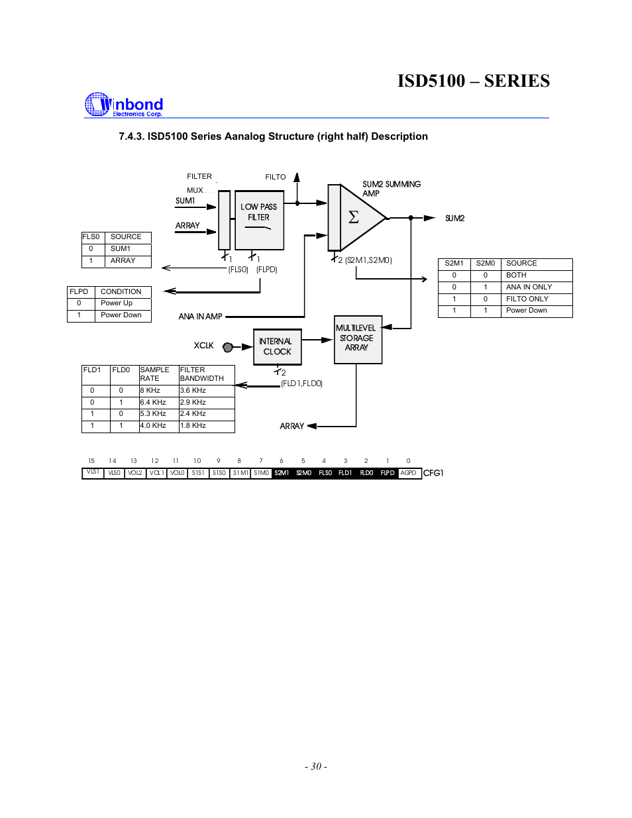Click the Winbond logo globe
pyautogui.click(x=97, y=105)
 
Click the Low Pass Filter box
pyautogui.click(x=259, y=220)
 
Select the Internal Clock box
pyautogui.click(x=277, y=346)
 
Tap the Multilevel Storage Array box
pyautogui.click(x=358, y=339)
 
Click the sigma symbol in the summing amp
pyautogui.click(x=354, y=217)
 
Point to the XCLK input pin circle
pyautogui.click(x=228, y=346)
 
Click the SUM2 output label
pyautogui.click(x=454, y=218)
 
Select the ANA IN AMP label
pyautogui.click(x=200, y=317)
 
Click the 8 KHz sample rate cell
pyautogui.click(x=150, y=391)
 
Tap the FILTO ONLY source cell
pyautogui.click(x=527, y=299)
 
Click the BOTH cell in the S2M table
pyautogui.click(x=516, y=275)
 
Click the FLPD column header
pyautogui.click(x=79, y=291)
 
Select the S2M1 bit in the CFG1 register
pyautogui.click(x=282, y=473)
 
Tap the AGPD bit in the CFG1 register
pyautogui.click(x=409, y=473)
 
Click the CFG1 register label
pyautogui.click(x=433, y=473)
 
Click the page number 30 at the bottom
pyautogui.click(x=316, y=766)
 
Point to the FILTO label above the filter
pyautogui.click(x=276, y=177)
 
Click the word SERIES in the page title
pyautogui.click(x=517, y=81)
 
